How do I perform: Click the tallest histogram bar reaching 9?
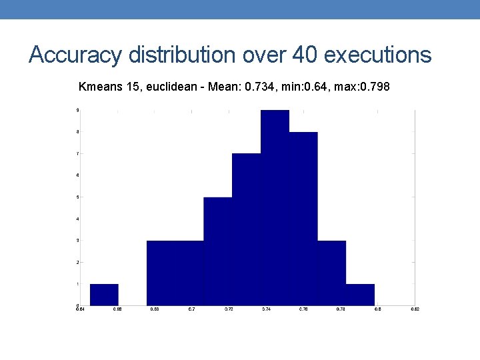coord(275,207)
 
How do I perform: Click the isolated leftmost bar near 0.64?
coord(104,295)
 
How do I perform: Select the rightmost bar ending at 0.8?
coord(360,295)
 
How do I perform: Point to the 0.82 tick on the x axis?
coord(415,309)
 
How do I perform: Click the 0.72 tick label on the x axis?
coord(229,309)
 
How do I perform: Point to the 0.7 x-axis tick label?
coord(192,309)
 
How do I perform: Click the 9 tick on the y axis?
coord(77,110)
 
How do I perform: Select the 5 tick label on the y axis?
coord(77,197)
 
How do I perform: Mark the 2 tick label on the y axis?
coord(77,262)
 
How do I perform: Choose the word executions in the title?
coord(377,55)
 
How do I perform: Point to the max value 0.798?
coord(375,87)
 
